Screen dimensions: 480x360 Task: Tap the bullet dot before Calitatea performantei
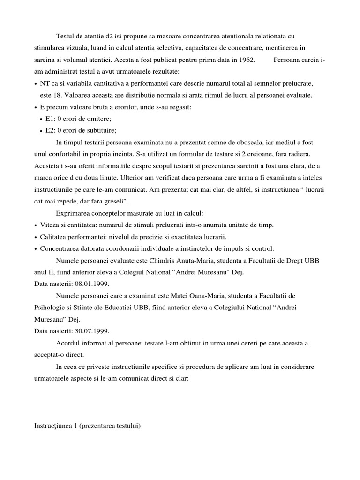[36, 237]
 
